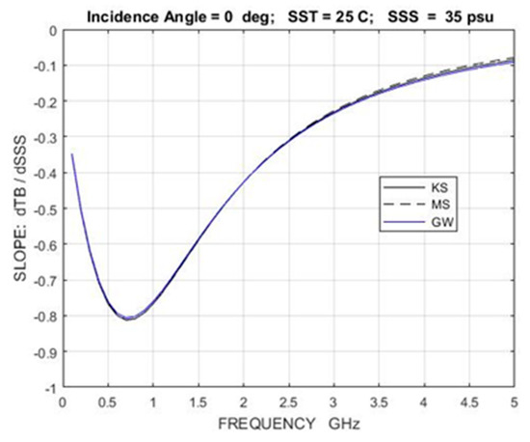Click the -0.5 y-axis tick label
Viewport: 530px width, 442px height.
click(40, 208)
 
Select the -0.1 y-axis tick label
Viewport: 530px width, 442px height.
click(40, 66)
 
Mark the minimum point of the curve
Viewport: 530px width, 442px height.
click(126, 318)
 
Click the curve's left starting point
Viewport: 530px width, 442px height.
click(72, 154)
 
